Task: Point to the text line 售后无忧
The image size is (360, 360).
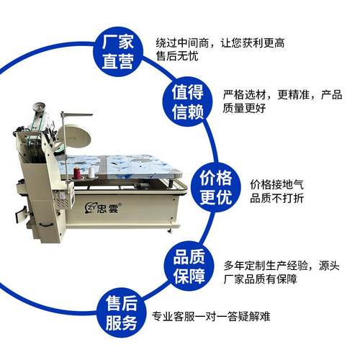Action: click(175, 58)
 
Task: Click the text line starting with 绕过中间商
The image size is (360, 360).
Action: click(220, 42)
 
